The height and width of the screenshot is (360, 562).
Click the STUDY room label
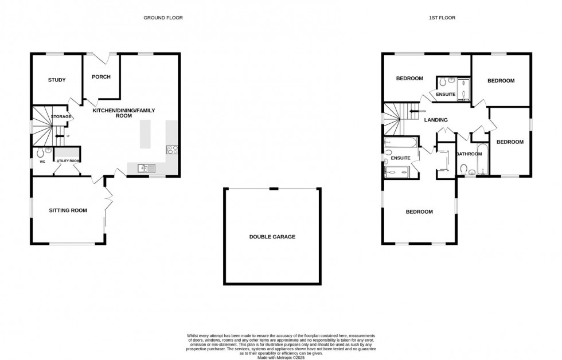click(x=56, y=80)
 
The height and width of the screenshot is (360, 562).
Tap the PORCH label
click(x=101, y=77)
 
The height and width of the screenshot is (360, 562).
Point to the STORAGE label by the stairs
click(x=61, y=116)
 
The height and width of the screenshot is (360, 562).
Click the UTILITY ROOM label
click(x=68, y=161)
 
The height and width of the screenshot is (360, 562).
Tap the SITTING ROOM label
click(x=68, y=210)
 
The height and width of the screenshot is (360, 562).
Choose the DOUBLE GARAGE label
click(x=272, y=236)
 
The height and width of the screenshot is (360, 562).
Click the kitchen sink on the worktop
click(x=146, y=167)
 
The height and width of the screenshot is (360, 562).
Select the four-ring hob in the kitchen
click(x=171, y=150)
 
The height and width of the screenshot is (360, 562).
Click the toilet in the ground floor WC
click(x=40, y=153)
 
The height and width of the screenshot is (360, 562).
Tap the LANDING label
click(x=436, y=120)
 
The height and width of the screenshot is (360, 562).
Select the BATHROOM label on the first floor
click(x=469, y=154)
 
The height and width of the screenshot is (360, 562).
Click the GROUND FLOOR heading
click(x=163, y=18)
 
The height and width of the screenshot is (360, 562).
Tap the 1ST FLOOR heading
click(x=442, y=18)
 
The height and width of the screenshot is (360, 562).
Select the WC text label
click(x=42, y=162)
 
